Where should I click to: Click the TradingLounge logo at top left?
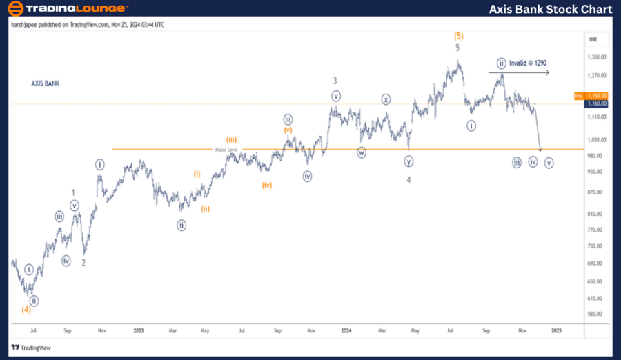tap(68, 9)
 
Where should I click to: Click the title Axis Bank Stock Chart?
tap(551, 9)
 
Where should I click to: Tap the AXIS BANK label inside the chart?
tap(46, 83)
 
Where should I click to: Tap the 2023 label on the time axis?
tap(139, 330)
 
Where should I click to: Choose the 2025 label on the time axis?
tap(556, 330)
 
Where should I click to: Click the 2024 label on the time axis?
tap(347, 330)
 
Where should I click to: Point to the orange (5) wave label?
tap(457, 35)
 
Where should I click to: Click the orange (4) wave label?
tap(26, 310)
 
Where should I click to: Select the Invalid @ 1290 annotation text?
tap(528, 63)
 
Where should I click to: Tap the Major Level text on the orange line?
tap(225, 149)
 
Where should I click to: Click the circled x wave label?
tap(386, 99)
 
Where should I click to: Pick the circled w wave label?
tap(361, 153)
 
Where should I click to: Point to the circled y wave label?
tap(408, 161)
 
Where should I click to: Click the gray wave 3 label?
tap(335, 80)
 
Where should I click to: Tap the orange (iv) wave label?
tap(267, 185)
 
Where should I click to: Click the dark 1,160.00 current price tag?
tap(596, 103)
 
